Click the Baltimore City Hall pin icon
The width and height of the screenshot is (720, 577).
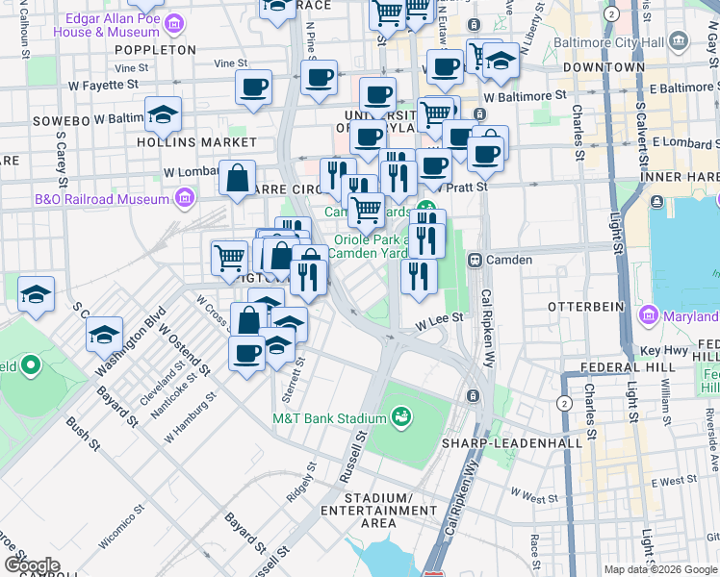680,41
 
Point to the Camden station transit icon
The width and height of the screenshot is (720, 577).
475,260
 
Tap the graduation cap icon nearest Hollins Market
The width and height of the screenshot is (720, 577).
164,115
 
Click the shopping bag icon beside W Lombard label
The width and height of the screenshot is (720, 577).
237,179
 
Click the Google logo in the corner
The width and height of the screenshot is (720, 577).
32,564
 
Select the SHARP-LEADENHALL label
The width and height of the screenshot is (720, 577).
511,443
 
